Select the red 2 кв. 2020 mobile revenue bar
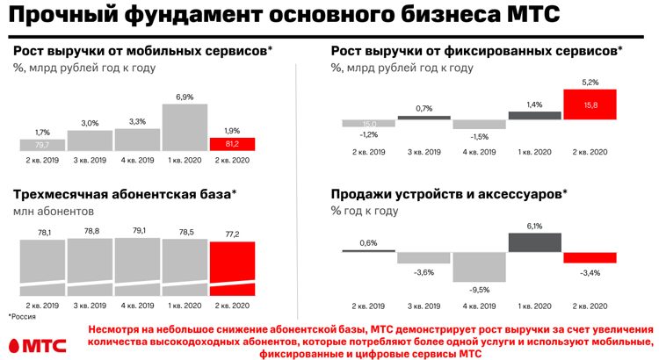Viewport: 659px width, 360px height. [x=231, y=144]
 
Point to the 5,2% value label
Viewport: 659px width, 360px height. [x=590, y=82]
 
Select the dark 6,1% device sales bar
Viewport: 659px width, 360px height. [x=534, y=241]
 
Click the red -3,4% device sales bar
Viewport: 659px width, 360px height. [x=590, y=257]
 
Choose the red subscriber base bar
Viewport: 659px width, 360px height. [x=232, y=269]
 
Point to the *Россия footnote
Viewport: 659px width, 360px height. [x=22, y=316]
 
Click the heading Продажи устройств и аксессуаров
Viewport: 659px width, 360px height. [x=448, y=194]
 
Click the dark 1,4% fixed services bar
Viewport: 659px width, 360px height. [x=534, y=115]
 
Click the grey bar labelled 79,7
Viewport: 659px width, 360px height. [x=42, y=144]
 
